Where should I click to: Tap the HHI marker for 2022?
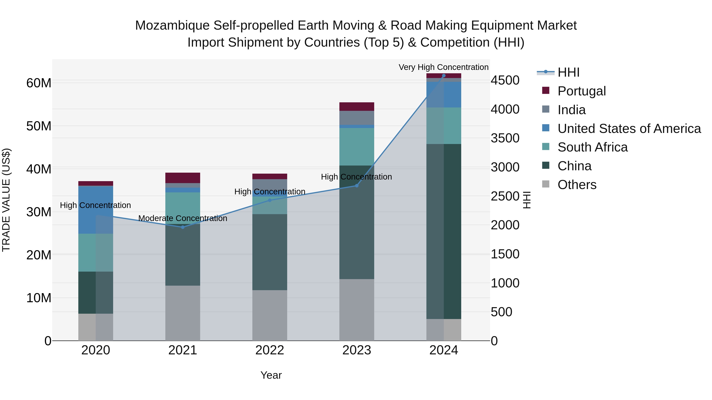pyautogui.click(x=270, y=200)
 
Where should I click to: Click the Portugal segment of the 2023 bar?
pyautogui.click(x=357, y=106)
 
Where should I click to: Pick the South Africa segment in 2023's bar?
pyautogui.click(x=357, y=147)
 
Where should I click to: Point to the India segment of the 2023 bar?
pyautogui.click(x=357, y=118)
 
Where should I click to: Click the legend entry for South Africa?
pyautogui.click(x=592, y=147)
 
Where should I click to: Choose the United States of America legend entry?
pyautogui.click(x=629, y=129)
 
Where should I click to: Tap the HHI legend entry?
pyautogui.click(x=568, y=72)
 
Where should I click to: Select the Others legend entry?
pyautogui.click(x=577, y=185)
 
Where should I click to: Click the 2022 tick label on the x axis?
pyautogui.click(x=270, y=350)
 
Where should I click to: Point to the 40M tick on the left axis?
pyautogui.click(x=39, y=169)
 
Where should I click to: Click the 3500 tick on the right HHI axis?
pyautogui.click(x=505, y=138)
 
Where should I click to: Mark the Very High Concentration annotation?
pyautogui.click(x=443, y=67)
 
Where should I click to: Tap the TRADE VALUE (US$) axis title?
pyautogui.click(x=6, y=200)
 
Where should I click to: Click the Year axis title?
pyautogui.click(x=271, y=375)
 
